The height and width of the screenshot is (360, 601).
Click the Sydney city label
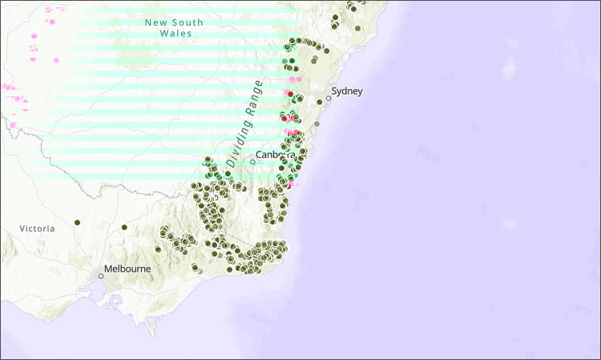click(347, 91)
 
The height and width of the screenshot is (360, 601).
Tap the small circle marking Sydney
click(328, 99)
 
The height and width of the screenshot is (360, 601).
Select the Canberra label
click(276, 154)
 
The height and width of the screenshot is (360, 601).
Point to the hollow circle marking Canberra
click(252, 161)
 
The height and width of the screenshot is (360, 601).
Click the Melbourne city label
click(127, 269)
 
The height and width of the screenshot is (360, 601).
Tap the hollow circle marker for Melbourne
click(101, 276)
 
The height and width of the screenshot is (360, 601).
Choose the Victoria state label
click(38, 229)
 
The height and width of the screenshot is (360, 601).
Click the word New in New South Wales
click(157, 22)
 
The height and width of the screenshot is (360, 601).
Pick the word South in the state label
click(188, 22)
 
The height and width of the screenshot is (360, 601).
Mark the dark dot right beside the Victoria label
click(78, 222)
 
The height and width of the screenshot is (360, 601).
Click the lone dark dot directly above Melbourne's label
click(124, 228)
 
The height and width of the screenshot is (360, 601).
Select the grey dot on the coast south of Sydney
click(317, 124)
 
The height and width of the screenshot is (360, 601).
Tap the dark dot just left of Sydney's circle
click(320, 102)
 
